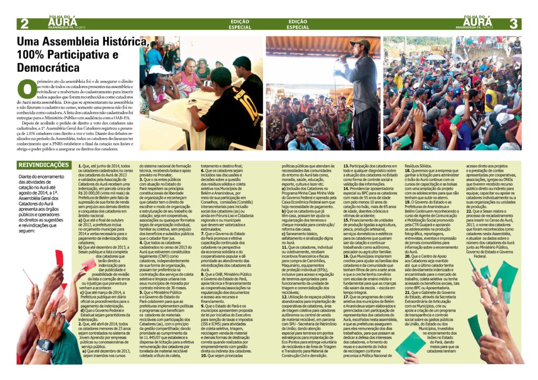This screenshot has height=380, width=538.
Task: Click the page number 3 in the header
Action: (513, 24)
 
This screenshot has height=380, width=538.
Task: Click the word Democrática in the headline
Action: (48, 68)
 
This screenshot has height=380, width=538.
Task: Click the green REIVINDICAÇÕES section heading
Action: (44, 165)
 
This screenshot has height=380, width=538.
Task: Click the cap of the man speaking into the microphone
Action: (361, 44)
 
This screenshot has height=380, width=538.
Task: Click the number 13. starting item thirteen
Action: (346, 166)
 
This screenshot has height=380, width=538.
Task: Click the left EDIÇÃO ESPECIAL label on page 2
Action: (241, 24)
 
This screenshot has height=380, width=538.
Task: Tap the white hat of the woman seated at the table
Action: (157, 70)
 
